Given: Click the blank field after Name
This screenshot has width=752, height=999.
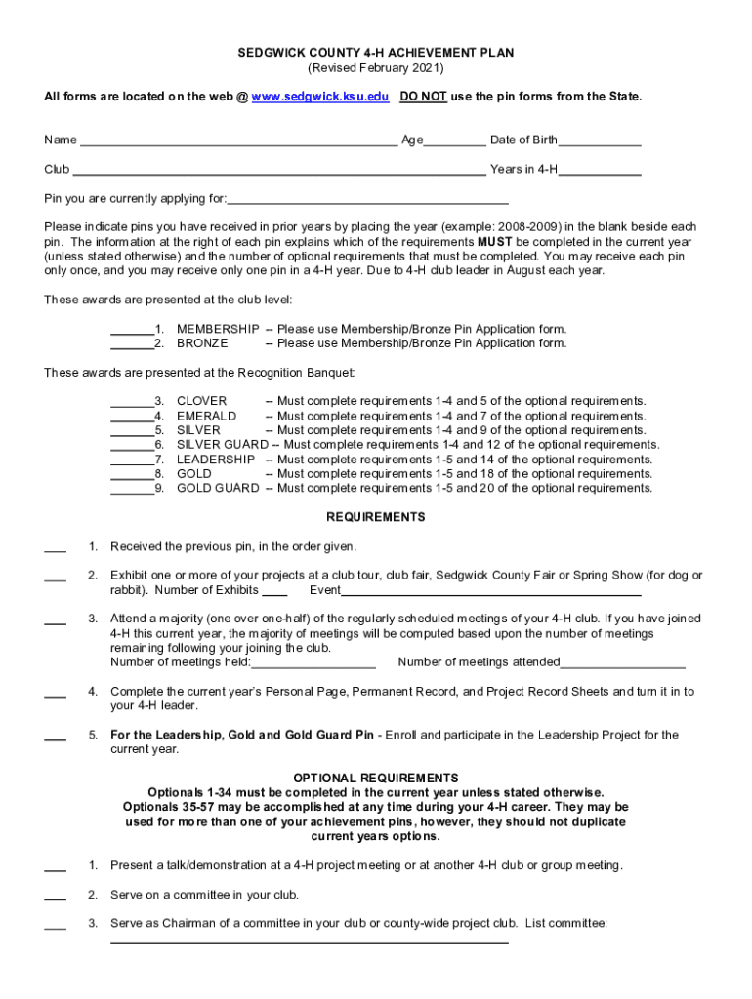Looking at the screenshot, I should (238, 141).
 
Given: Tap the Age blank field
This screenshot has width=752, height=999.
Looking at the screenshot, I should (454, 141).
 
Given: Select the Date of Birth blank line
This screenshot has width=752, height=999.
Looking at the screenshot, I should (600, 141).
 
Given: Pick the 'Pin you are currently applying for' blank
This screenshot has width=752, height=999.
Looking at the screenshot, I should (367, 199).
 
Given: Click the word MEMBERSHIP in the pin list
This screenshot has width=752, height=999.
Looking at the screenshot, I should (218, 329).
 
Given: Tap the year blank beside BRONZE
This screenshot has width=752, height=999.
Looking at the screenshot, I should (132, 343).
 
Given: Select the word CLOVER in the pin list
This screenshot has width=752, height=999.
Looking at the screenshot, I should (201, 401).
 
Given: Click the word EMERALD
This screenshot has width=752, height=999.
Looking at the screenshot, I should (206, 416).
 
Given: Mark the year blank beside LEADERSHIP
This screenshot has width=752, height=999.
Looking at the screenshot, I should (132, 460).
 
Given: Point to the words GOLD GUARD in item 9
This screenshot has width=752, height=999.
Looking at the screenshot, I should (218, 489).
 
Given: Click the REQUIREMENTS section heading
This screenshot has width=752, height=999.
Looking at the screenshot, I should (375, 517).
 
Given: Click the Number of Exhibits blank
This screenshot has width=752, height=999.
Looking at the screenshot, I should (274, 590).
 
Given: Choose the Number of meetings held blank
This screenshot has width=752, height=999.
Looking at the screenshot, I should (313, 663).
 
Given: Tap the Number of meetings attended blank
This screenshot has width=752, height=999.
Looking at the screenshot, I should (622, 663).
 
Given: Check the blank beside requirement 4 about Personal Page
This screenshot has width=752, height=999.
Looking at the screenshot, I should (56, 693).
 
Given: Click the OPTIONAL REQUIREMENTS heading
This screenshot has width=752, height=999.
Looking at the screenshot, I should (375, 779).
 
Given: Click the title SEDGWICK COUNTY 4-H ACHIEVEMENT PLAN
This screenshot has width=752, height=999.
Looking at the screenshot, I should (376, 53).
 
